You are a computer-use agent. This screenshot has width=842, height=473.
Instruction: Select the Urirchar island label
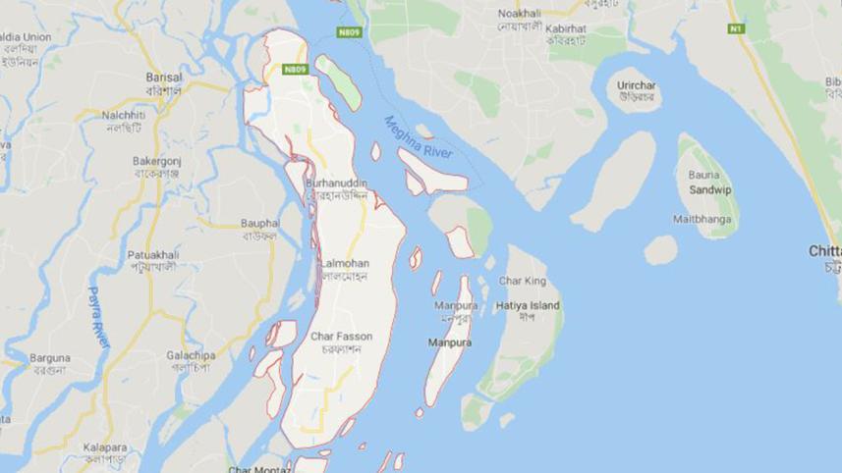tap(637, 85)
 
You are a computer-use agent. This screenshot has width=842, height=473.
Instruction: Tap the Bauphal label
tap(258, 223)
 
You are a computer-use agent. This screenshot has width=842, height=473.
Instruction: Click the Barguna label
tap(49, 358)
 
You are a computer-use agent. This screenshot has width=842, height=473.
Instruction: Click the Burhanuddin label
tap(337, 183)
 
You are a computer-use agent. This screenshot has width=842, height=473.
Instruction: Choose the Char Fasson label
tap(341, 337)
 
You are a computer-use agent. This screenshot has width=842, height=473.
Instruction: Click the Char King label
tap(522, 281)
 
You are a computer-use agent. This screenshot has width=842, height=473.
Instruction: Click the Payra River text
tap(99, 316)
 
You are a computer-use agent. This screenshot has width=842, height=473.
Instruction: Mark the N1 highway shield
tap(737, 28)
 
